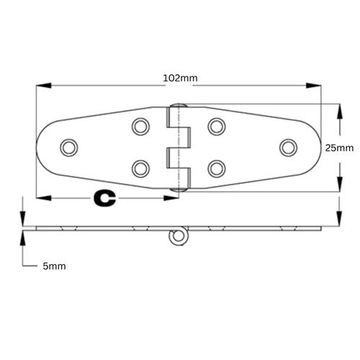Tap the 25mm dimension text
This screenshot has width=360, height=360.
[x=339, y=148]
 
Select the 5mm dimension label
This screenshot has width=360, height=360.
[x=54, y=266]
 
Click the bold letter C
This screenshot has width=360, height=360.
[x=106, y=197]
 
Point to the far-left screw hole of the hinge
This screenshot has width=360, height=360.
[x=69, y=147]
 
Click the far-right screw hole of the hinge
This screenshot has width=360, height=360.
[x=288, y=147]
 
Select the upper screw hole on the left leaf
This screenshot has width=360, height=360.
[x=140, y=127]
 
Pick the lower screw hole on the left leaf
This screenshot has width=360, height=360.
[x=140, y=168]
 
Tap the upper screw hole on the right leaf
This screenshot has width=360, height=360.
[x=215, y=127]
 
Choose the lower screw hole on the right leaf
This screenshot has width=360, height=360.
[x=215, y=168]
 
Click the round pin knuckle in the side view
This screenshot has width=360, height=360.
[x=176, y=235]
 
